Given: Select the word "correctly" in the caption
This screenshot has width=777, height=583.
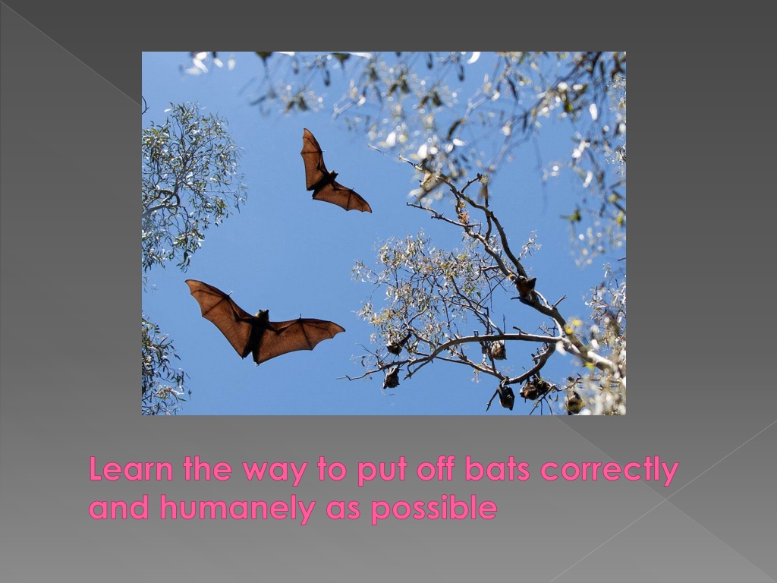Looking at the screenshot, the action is (609, 471).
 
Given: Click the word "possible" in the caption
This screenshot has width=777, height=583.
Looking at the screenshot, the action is (434, 509).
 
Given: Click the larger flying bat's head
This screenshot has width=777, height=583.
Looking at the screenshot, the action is (262, 315).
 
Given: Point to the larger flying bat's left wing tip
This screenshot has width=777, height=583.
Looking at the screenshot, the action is (187, 282).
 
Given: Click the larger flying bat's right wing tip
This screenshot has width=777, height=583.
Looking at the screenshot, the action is (344, 327).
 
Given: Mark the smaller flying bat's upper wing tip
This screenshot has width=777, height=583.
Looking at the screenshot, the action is (304, 130).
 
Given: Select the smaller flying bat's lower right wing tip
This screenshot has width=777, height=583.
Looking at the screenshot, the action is (370, 211).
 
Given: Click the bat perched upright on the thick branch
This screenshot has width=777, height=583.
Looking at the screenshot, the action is (525, 286).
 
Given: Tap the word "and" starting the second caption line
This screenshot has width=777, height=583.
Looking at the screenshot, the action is (119, 508).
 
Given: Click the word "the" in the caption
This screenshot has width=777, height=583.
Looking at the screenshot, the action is (207, 469).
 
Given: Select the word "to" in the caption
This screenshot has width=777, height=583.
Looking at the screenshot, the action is (332, 471).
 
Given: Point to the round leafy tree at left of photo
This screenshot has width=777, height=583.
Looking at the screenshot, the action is (190, 184).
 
